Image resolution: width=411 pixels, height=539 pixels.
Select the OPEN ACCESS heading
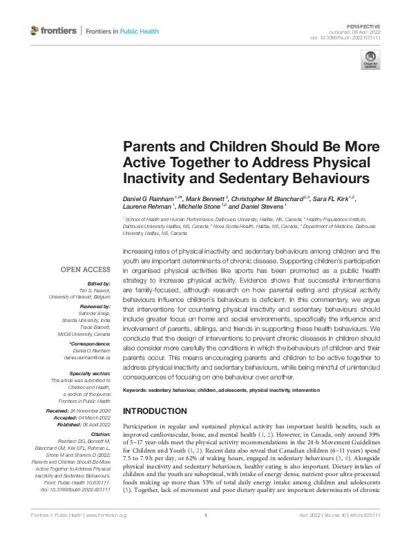(x=86, y=269)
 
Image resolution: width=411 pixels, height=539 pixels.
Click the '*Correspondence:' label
(x=90, y=343)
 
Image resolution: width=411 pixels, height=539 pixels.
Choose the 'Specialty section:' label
(x=90, y=373)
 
